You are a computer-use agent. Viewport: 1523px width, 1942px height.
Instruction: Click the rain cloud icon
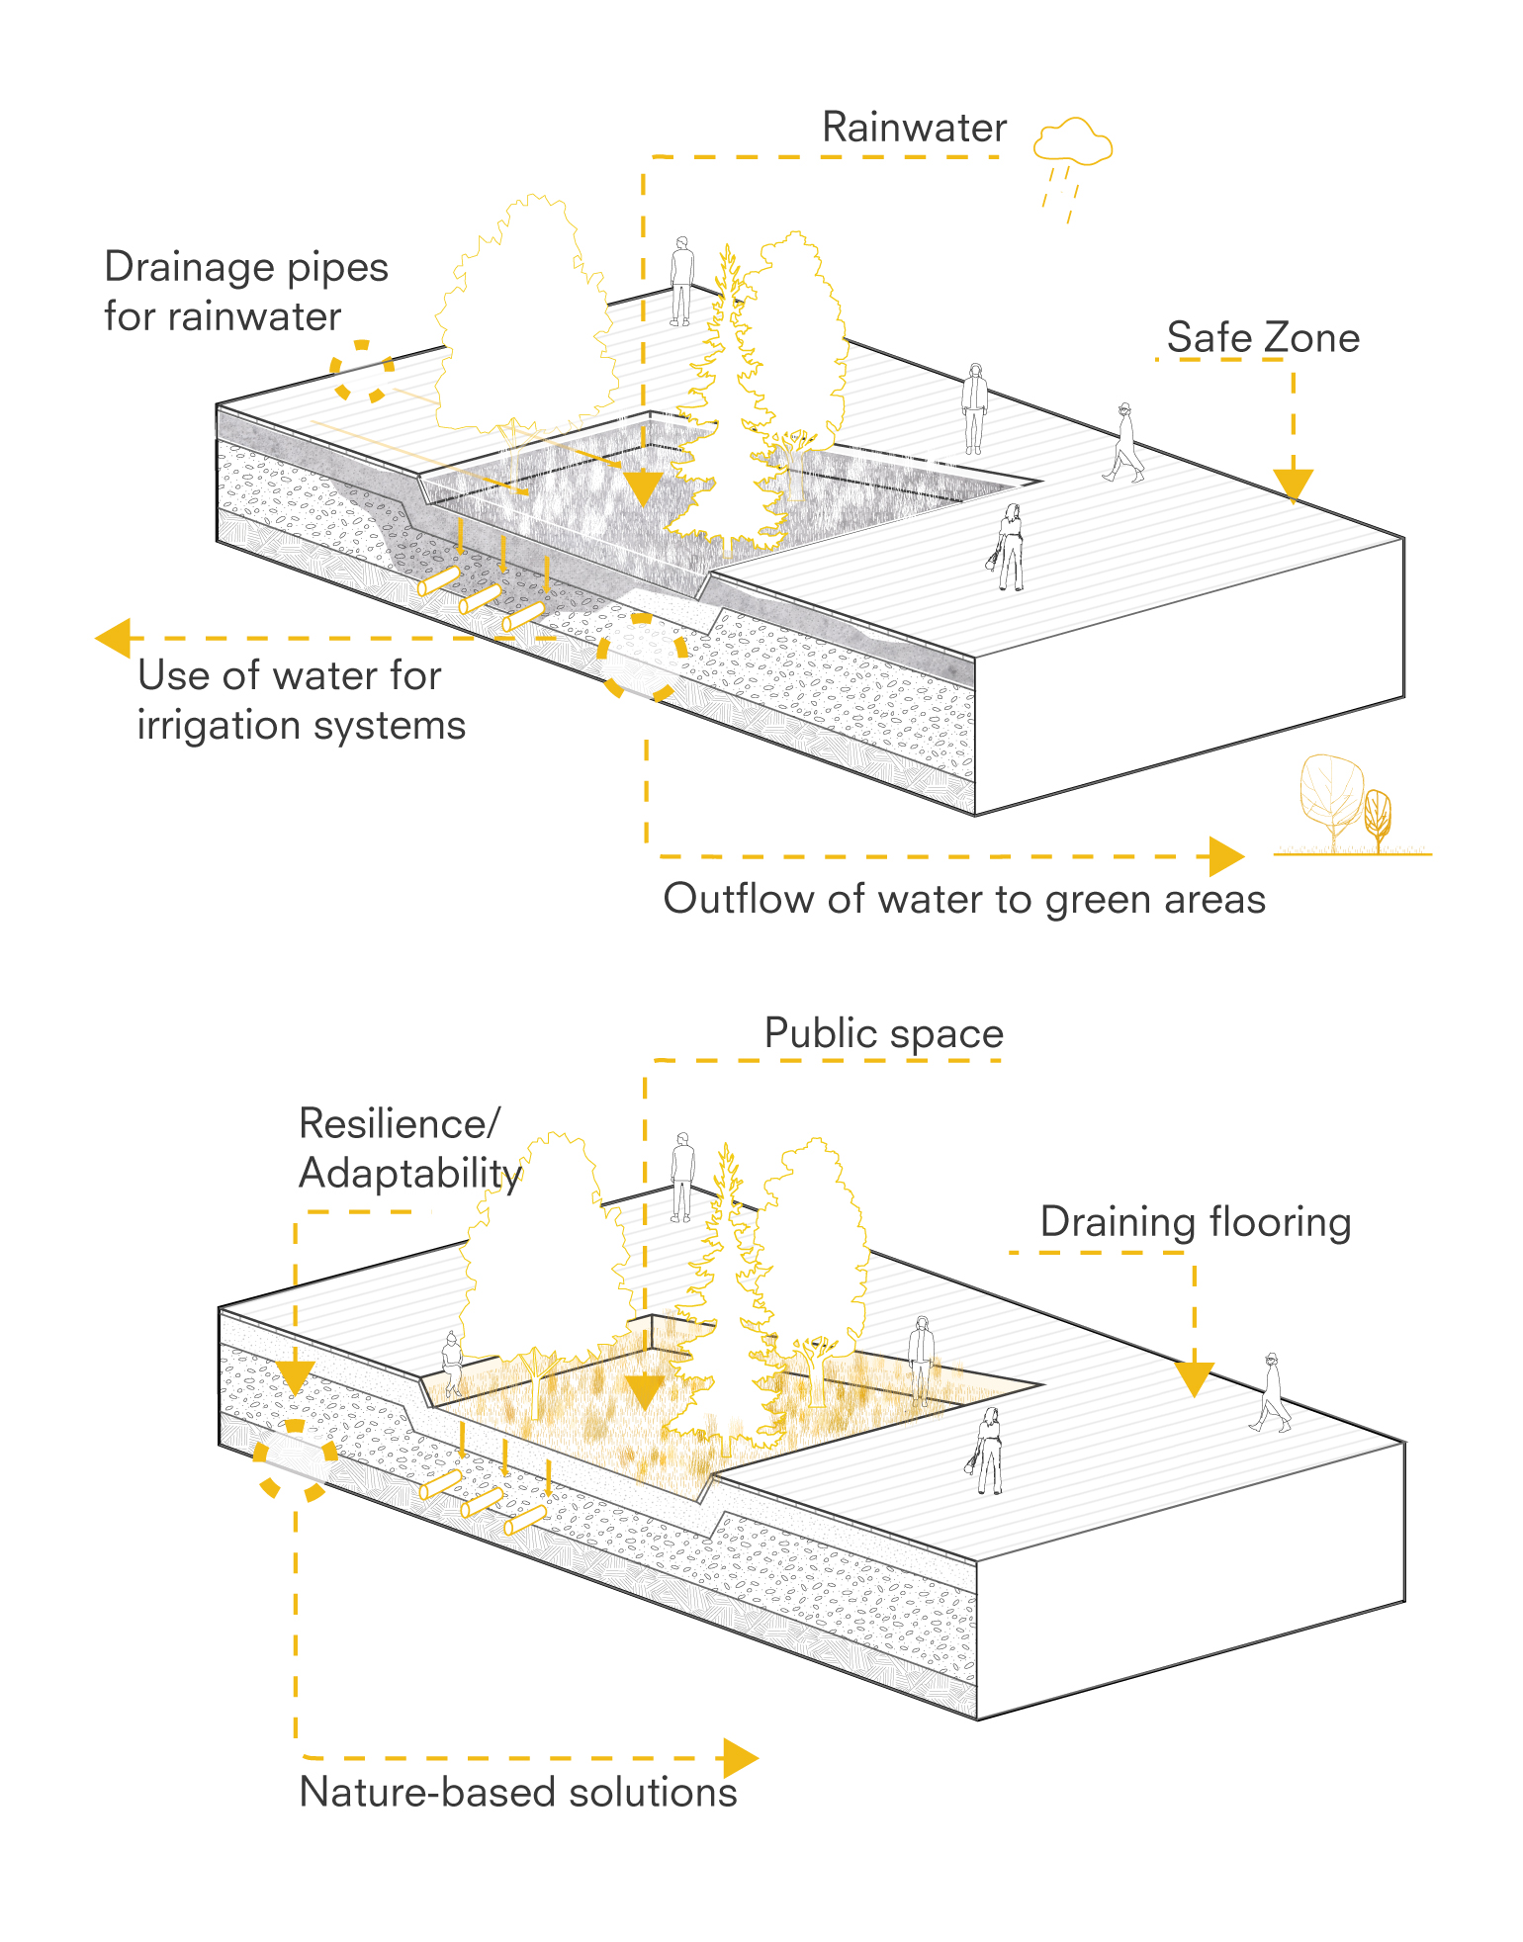pyautogui.click(x=1073, y=143)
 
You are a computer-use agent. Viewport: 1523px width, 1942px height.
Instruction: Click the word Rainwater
pyautogui.click(x=914, y=128)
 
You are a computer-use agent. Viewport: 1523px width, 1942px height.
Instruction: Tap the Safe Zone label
pyautogui.click(x=1263, y=337)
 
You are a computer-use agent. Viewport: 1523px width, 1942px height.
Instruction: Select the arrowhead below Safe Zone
pyautogui.click(x=1293, y=485)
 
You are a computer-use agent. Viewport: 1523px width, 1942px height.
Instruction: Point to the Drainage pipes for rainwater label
pyautogui.click(x=245, y=292)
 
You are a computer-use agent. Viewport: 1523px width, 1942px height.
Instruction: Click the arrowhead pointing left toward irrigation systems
pyautogui.click(x=114, y=638)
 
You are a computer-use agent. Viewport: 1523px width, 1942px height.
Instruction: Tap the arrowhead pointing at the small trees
pyautogui.click(x=1226, y=856)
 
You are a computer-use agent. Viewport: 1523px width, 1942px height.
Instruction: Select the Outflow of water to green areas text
pyautogui.click(x=964, y=899)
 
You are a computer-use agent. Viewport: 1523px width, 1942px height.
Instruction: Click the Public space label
pyautogui.click(x=884, y=1033)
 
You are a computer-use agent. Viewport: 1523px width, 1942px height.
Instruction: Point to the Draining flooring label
pyautogui.click(x=1195, y=1222)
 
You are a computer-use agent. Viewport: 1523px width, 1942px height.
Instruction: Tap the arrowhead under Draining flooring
pyautogui.click(x=1195, y=1378)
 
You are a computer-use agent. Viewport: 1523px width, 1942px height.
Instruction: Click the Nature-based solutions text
pyautogui.click(x=518, y=1792)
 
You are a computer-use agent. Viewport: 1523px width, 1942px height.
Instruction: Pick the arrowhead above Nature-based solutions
pyautogui.click(x=740, y=1759)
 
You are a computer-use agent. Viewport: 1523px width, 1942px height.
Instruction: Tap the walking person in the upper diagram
pyautogui.click(x=1124, y=442)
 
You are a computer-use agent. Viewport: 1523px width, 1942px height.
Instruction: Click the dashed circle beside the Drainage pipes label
pyautogui.click(x=361, y=372)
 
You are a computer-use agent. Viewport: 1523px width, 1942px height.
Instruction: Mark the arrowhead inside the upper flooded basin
pyautogui.click(x=643, y=488)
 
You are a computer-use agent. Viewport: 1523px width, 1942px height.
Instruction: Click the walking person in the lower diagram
pyautogui.click(x=1271, y=1392)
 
